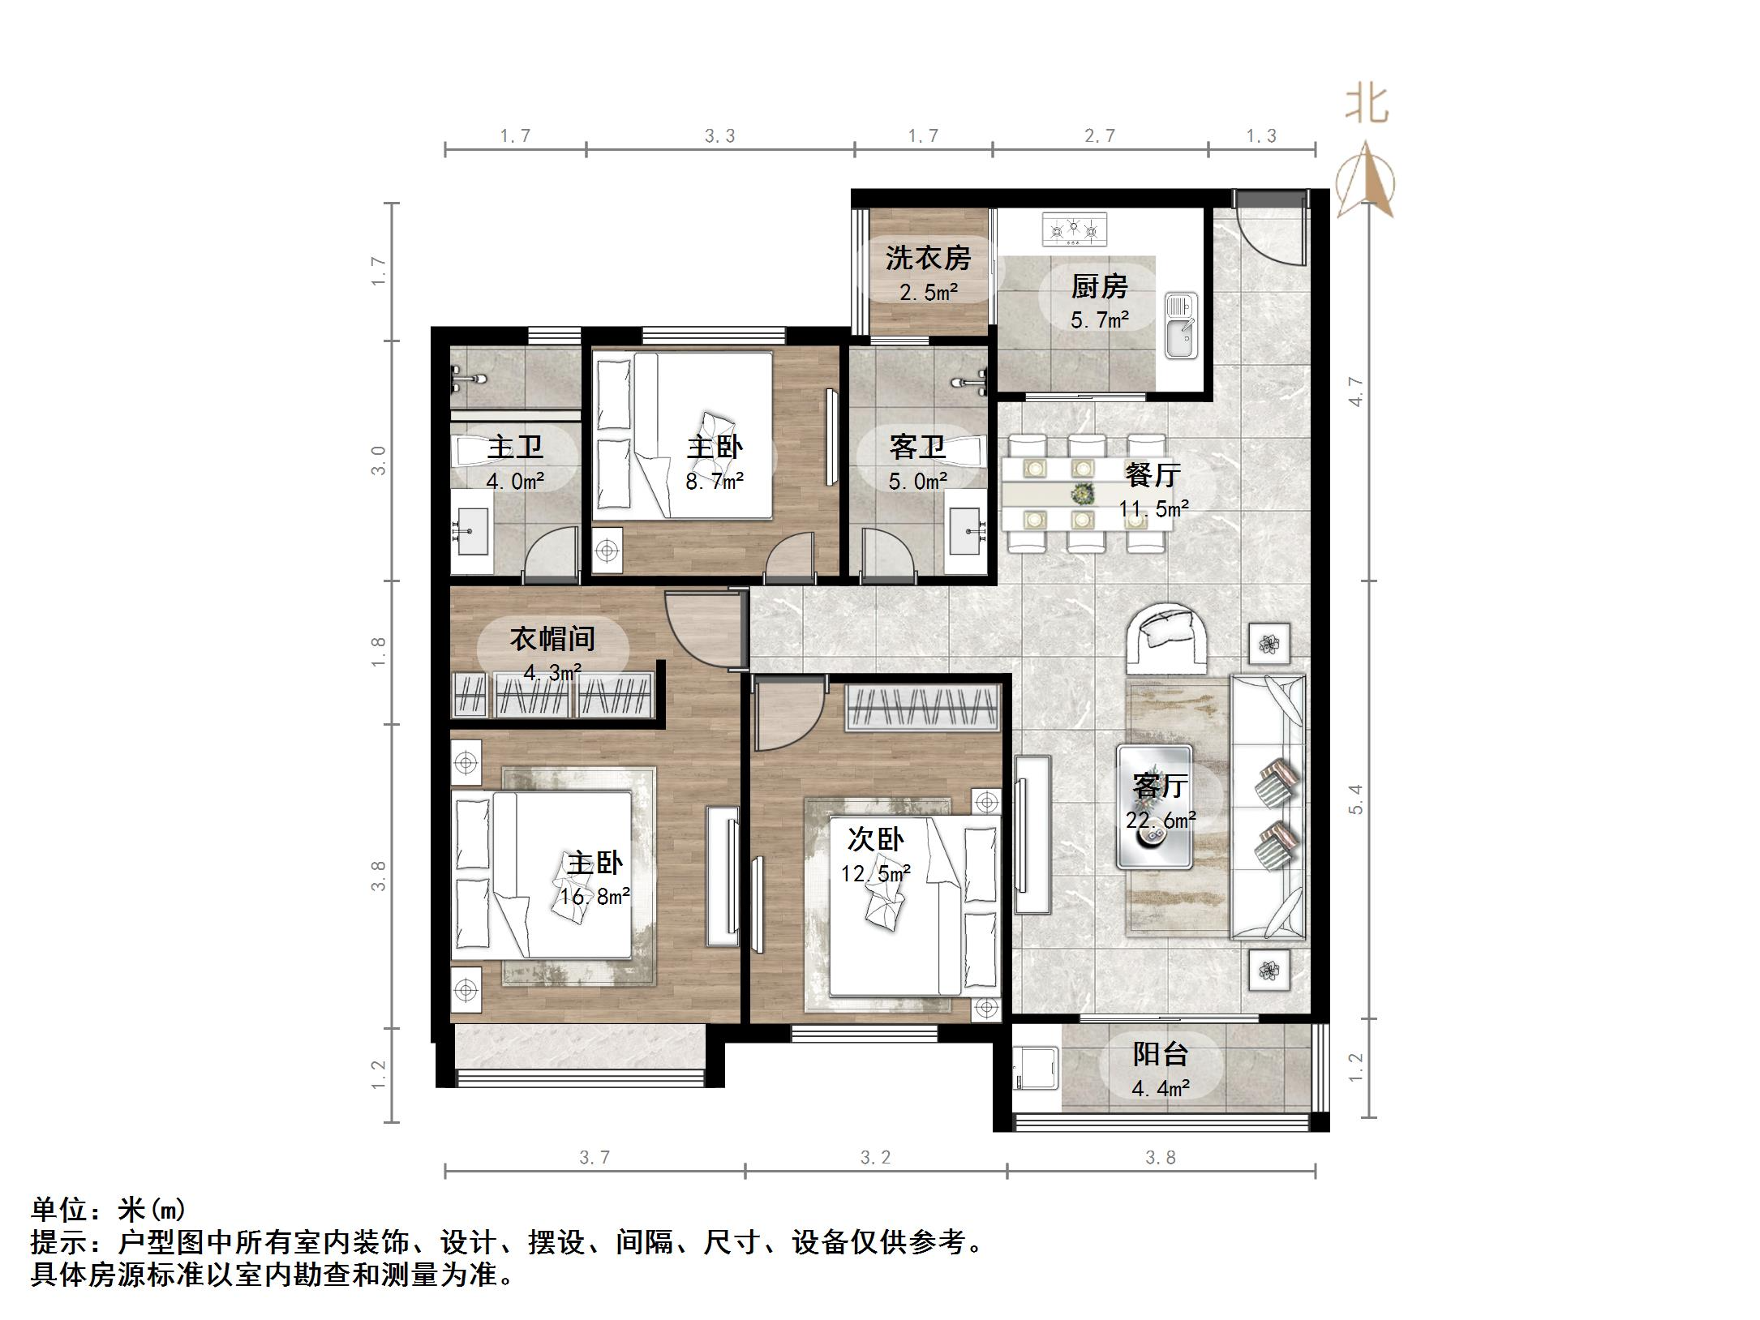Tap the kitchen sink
(x=1181, y=325)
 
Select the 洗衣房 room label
(x=928, y=258)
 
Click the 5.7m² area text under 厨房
(x=1100, y=320)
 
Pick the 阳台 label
(x=1161, y=1054)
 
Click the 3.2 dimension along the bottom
(x=875, y=1158)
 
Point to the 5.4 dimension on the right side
(x=1356, y=799)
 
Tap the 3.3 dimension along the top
(x=719, y=136)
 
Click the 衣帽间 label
(x=552, y=639)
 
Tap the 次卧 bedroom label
(x=875, y=840)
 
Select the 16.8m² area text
(x=595, y=897)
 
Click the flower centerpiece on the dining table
(x=1082, y=492)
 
